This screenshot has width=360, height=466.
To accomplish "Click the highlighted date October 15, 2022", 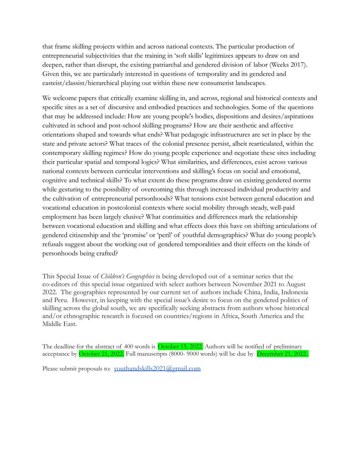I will click(180, 346).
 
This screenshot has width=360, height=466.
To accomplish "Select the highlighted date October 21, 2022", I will click(101, 354).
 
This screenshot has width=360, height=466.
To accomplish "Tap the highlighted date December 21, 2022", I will click(282, 354).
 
